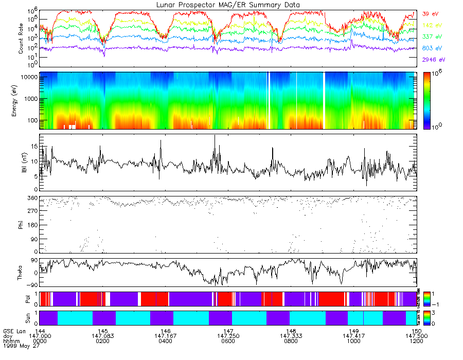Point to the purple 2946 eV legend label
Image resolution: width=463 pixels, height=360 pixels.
(432, 60)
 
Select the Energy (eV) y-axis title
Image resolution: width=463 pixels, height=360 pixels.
(21, 100)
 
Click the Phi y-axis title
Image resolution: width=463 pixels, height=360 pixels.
(21, 225)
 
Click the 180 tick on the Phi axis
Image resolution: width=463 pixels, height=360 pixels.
(30, 225)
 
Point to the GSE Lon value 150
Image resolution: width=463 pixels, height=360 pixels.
(416, 330)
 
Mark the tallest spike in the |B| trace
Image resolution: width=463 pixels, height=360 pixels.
(215, 136)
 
